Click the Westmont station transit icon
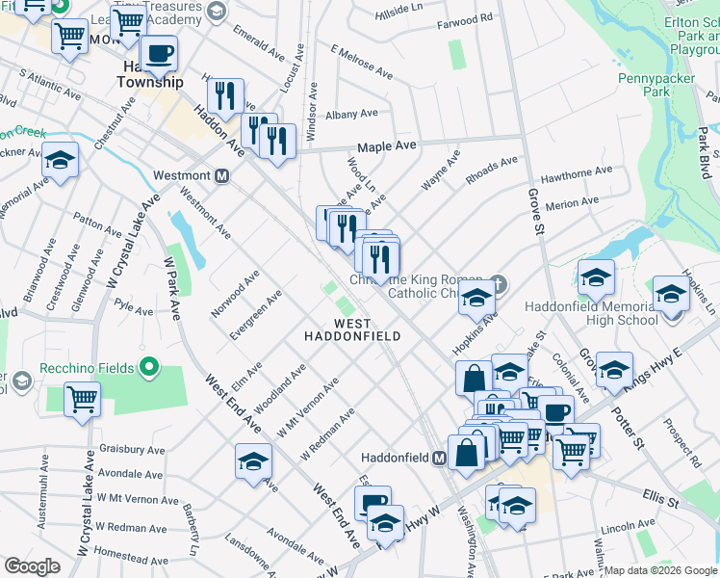[221, 176]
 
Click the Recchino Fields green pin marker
[148, 366]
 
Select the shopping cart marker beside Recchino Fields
[82, 397]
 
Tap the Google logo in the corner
[32, 566]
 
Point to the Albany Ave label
[351, 115]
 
